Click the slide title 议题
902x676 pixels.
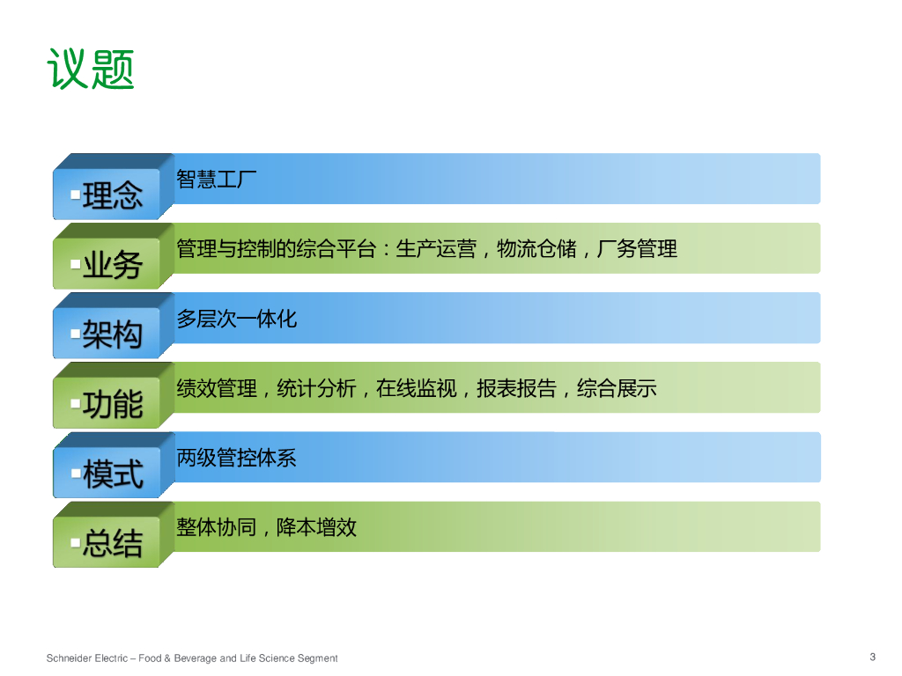tap(91, 69)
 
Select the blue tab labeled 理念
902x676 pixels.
tap(107, 194)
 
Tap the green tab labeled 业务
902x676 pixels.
tap(107, 263)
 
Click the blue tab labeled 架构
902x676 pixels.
tap(107, 333)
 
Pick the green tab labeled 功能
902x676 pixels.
tap(107, 402)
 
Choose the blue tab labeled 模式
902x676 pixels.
tap(107, 473)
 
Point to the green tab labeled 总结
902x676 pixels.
tap(107, 542)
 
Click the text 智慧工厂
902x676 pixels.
tap(217, 179)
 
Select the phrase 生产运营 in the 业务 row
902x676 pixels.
tap(436, 249)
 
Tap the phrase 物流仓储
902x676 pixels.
tap(536, 249)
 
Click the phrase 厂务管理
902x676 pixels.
tap(638, 249)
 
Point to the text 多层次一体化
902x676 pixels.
tap(236, 319)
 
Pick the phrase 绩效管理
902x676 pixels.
tap(217, 388)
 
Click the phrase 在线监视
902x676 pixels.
tap(417, 388)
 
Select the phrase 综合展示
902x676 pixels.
tap(617, 388)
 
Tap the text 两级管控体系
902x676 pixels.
tap(236, 458)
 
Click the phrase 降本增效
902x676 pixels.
tap(317, 527)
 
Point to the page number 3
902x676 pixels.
tap(873, 657)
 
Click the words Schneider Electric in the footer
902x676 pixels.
tap(87, 658)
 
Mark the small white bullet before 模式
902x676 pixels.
tap(76, 473)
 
